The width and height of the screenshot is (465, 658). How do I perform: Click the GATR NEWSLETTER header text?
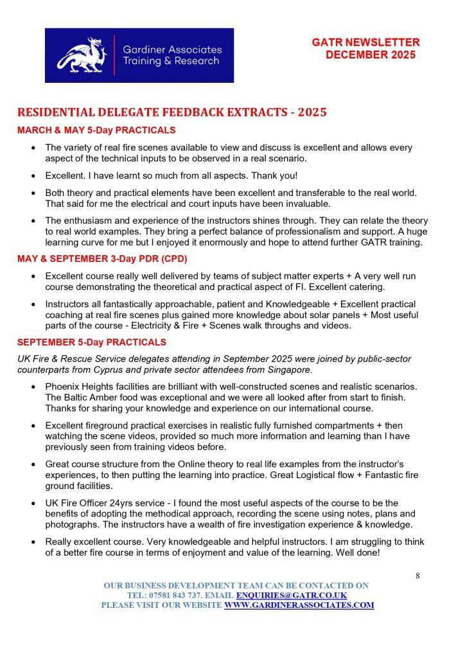(365, 42)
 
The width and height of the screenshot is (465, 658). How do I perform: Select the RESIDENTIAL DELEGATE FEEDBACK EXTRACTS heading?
(172, 112)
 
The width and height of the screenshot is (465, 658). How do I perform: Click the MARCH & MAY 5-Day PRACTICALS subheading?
(96, 130)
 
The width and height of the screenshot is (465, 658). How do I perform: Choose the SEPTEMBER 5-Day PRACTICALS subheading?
(92, 342)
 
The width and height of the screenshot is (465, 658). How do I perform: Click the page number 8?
(417, 576)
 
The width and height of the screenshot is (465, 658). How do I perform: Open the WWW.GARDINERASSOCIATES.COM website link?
(299, 605)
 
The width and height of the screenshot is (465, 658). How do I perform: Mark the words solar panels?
(312, 315)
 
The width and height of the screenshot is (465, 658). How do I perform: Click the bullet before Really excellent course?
(33, 542)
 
